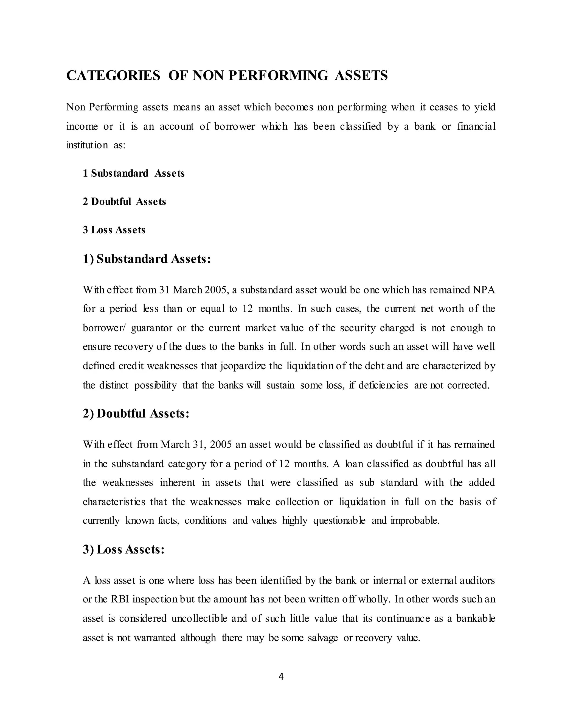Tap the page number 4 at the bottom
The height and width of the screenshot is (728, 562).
pos(281,676)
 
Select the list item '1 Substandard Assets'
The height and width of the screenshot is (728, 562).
pos(134,173)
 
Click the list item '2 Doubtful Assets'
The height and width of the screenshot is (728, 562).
pos(124,202)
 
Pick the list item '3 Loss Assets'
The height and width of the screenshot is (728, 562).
pos(114,230)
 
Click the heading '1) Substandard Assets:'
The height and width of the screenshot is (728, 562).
pos(147,259)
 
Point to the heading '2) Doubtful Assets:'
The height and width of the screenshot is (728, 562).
pos(136,414)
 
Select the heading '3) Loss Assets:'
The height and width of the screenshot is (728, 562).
pos(123,550)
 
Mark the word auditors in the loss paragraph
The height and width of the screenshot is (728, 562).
pos(477,581)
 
